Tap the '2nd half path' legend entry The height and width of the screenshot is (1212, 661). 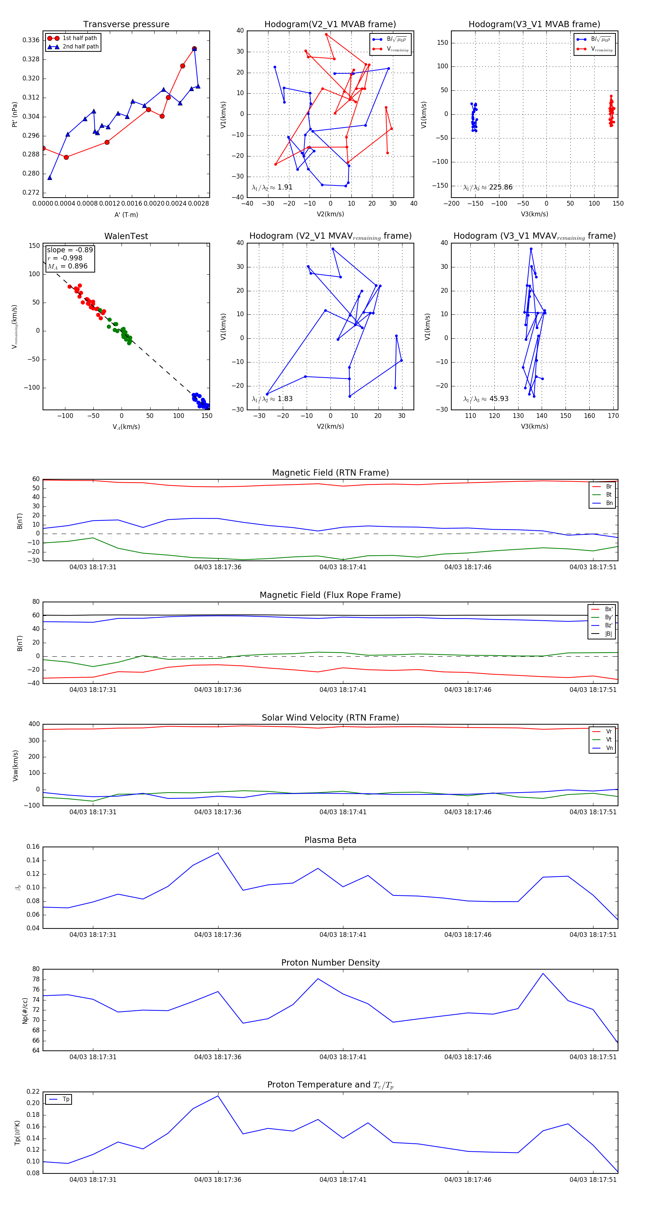click(80, 47)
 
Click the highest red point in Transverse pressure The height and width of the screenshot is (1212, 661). click(194, 49)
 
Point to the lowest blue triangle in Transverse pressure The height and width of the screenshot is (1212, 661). click(50, 178)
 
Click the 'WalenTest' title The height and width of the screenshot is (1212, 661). click(126, 236)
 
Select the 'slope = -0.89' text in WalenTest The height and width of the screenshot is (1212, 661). click(70, 250)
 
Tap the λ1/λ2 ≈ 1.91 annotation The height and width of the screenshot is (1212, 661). click(272, 187)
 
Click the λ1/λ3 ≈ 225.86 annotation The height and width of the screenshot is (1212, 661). click(488, 187)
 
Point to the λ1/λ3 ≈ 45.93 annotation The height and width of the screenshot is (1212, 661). click(485, 399)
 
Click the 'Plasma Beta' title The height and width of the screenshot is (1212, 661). click(330, 840)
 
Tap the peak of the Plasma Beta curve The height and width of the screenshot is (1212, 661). click(218, 853)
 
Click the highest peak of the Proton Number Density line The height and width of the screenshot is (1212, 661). click(543, 974)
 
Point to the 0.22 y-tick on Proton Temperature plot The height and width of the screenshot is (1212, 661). click(33, 1092)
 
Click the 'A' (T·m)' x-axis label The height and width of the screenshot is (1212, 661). click(126, 215)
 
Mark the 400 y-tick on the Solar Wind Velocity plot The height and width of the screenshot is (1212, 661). click(34, 724)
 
